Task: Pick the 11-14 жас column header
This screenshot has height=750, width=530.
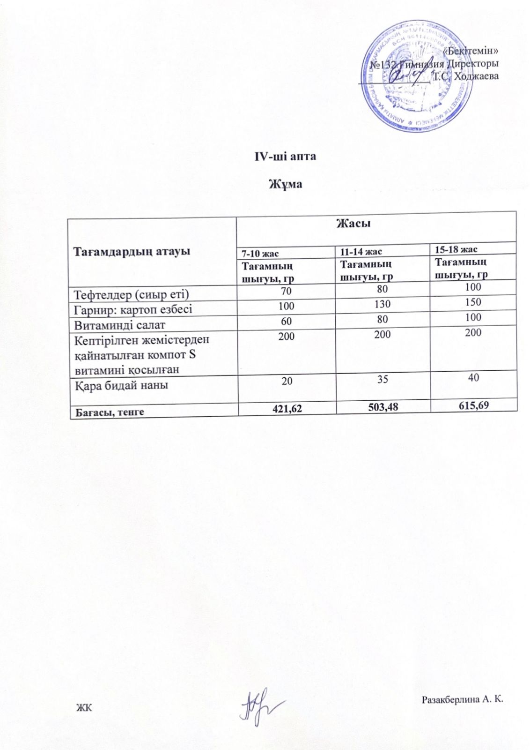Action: pos(361,252)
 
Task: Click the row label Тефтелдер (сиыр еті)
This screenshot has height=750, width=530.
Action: pos(131,294)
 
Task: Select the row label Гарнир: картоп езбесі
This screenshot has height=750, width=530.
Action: pos(133,309)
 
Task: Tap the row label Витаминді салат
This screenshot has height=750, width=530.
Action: pos(120,324)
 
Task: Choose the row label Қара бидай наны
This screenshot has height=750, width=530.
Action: pos(122,385)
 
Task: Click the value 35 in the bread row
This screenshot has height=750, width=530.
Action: pos(383,379)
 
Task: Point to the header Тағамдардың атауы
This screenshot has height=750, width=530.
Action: pos(132,251)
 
